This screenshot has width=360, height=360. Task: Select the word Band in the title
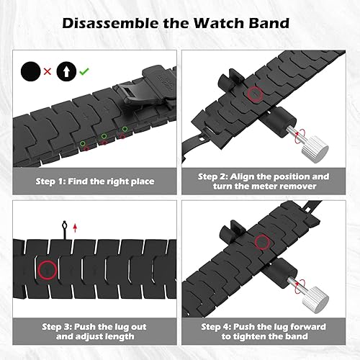pos(270,23)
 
